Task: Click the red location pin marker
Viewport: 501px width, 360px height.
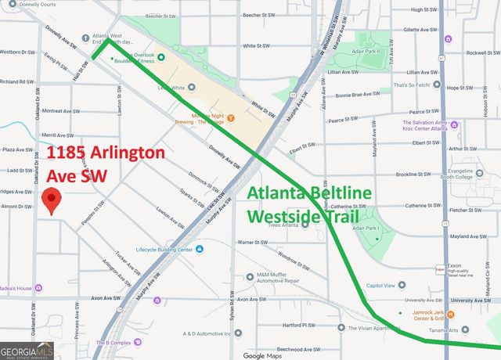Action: (x=52, y=200)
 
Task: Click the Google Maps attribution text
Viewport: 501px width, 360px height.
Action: (x=262, y=355)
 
